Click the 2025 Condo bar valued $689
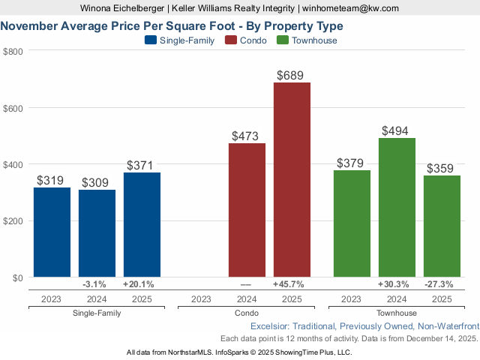(292, 180)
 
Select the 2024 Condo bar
(247, 210)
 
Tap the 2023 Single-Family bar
(52, 232)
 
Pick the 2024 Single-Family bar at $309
(97, 233)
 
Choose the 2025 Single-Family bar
(142, 225)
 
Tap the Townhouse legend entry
(307, 40)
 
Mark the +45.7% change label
(292, 285)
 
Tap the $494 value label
(395, 130)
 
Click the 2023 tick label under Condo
(201, 299)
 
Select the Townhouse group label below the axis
(397, 313)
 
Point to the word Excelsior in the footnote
(270, 327)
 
